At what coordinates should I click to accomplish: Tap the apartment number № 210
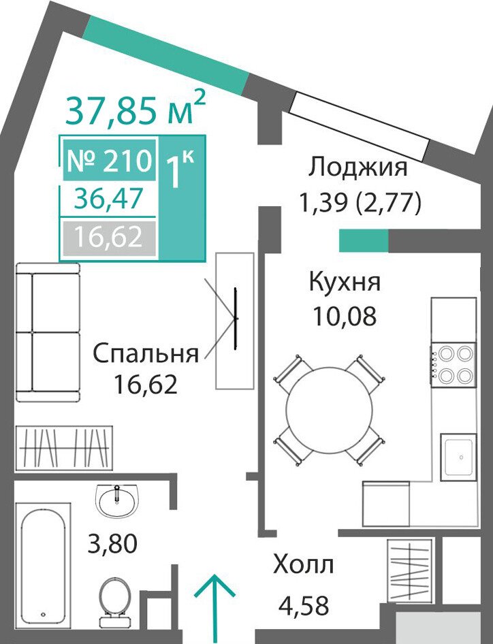pyautogui.click(x=109, y=160)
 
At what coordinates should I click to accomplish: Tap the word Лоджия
pyautogui.click(x=358, y=168)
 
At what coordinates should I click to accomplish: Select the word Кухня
pyautogui.click(x=345, y=282)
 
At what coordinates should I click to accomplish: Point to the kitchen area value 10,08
pyautogui.click(x=345, y=317)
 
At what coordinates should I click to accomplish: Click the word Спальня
pyautogui.click(x=146, y=353)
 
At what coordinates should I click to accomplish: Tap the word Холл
pyautogui.click(x=303, y=565)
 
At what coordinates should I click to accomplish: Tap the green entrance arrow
pyautogui.click(x=214, y=609)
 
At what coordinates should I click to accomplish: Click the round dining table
pyautogui.click(x=329, y=410)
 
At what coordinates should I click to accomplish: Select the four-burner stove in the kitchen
pyautogui.click(x=454, y=364)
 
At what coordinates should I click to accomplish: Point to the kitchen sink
pyautogui.click(x=458, y=457)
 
